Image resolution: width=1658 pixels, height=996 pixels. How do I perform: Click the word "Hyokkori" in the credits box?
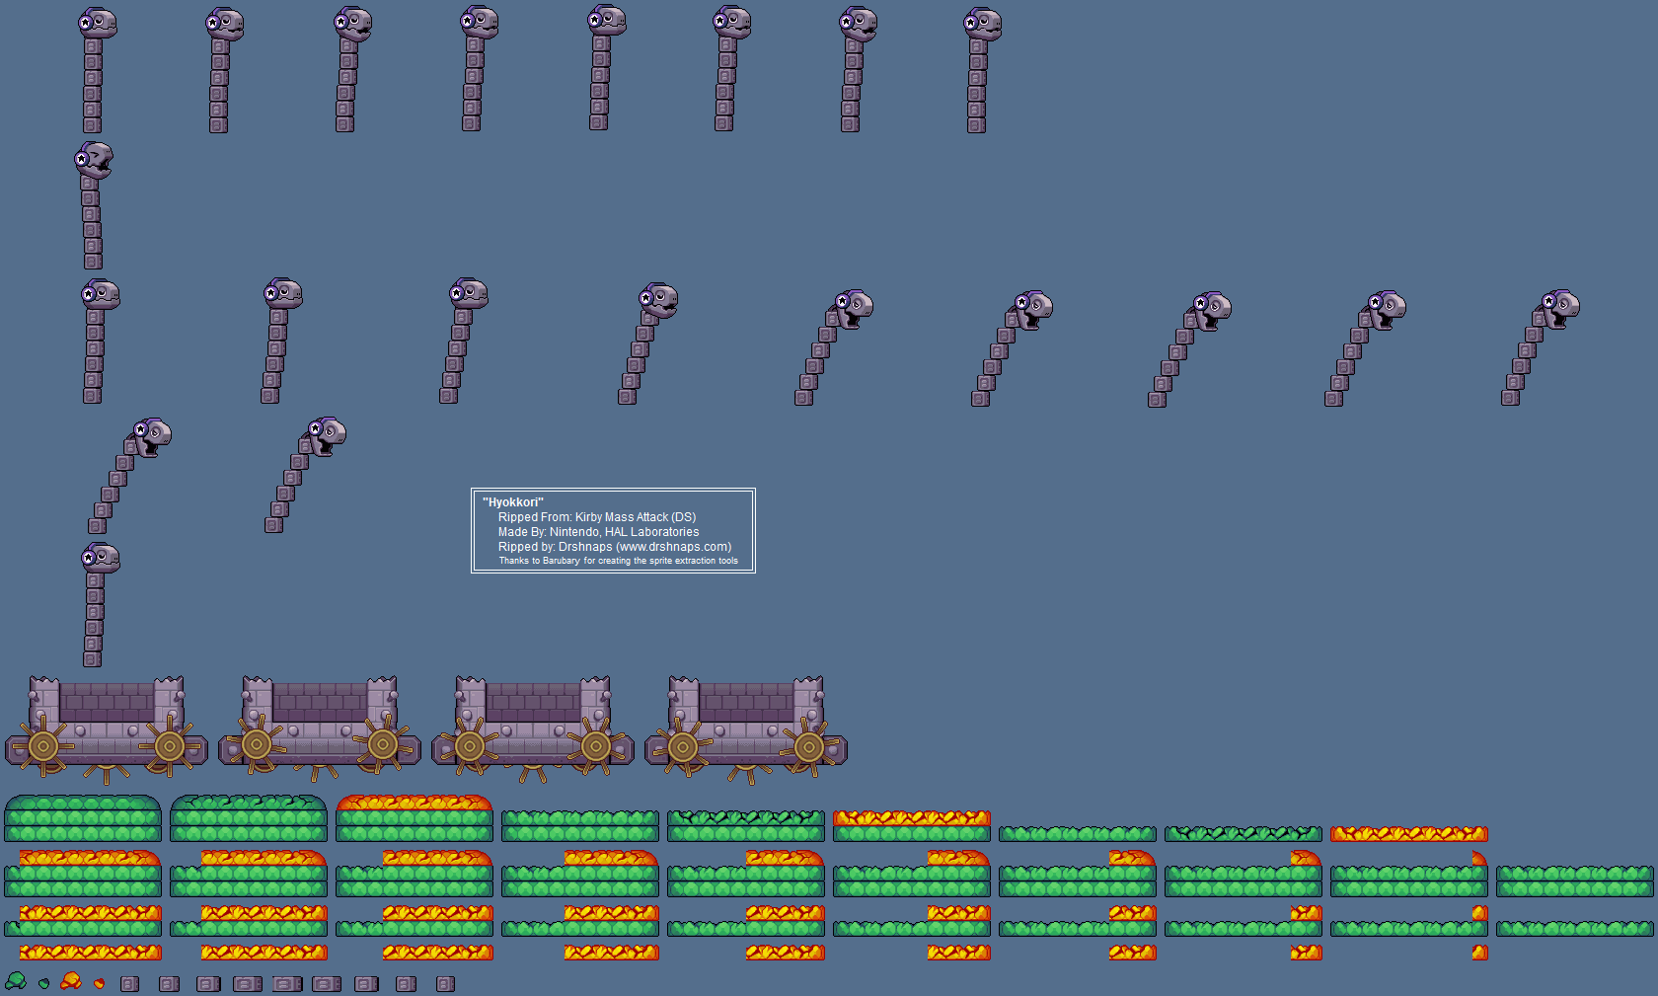pyautogui.click(x=513, y=502)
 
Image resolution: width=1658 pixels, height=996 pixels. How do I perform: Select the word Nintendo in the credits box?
pyautogui.click(x=574, y=532)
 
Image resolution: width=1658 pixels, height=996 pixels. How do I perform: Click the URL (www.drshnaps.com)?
pyautogui.click(x=674, y=547)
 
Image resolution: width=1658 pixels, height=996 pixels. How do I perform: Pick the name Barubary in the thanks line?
pyautogui.click(x=561, y=561)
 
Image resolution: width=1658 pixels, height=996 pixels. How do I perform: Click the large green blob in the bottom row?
pyautogui.click(x=16, y=980)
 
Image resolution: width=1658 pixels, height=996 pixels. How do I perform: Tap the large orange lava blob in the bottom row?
pyautogui.click(x=71, y=980)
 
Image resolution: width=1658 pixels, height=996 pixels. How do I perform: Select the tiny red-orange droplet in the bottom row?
pyautogui.click(x=99, y=983)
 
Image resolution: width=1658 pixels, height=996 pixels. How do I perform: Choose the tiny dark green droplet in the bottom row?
pyautogui.click(x=43, y=983)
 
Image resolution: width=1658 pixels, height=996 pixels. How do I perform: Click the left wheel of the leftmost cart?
pyautogui.click(x=43, y=746)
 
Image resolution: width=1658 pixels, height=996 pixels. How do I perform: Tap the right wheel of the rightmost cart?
pyautogui.click(x=809, y=747)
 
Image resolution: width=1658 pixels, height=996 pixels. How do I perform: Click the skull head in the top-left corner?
pyautogui.click(x=98, y=23)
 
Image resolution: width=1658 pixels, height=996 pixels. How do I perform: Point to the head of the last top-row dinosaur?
pyautogui.click(x=983, y=24)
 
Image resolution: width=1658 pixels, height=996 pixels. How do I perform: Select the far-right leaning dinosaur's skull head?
pyautogui.click(x=1560, y=307)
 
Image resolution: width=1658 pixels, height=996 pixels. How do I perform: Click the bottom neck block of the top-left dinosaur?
pyautogui.click(x=93, y=125)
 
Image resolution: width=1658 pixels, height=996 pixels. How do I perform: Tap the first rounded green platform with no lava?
pyautogui.click(x=83, y=818)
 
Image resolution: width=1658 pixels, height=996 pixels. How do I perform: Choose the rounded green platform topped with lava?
pyautogui.click(x=414, y=818)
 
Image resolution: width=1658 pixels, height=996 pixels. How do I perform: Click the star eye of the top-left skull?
pyautogui.click(x=86, y=22)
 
